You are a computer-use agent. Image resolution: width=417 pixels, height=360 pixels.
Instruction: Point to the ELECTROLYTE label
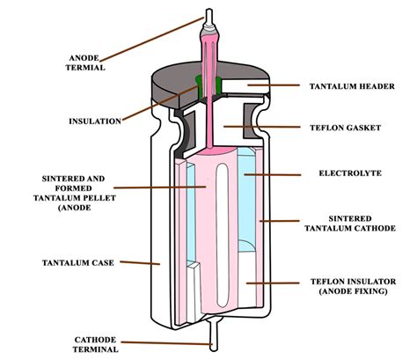click(351, 173)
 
